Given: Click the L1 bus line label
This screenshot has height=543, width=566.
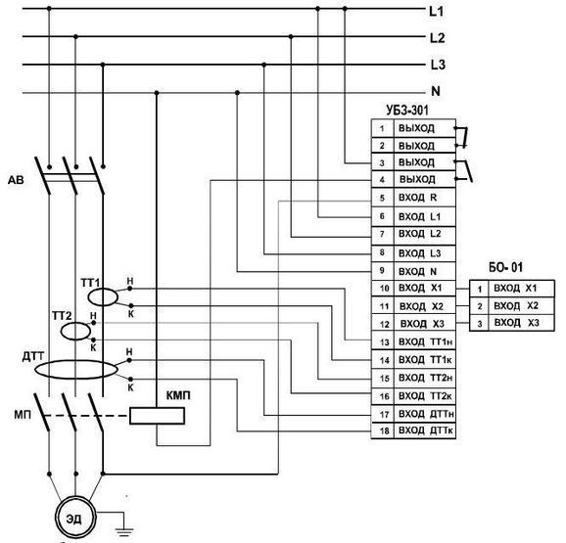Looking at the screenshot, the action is point(436,11).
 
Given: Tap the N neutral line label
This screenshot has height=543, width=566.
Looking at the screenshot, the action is point(436,91).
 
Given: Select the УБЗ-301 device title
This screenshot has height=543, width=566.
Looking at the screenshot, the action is point(407,110).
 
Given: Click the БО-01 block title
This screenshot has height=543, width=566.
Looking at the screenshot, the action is point(505,267).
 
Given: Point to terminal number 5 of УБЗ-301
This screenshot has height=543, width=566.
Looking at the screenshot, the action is point(382,198).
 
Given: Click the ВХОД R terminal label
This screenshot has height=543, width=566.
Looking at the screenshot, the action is point(417,198).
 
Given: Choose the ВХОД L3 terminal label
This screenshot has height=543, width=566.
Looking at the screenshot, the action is point(419,253).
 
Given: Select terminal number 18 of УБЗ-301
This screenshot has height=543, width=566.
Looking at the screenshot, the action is point(384,430).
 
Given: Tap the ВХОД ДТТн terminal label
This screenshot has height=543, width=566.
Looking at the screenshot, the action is point(426,414).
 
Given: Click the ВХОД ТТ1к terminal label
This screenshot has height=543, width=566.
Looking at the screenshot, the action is point(425,360).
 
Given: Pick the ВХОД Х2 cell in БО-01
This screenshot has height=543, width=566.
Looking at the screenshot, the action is point(516,306).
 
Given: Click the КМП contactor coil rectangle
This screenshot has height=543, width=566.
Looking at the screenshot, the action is point(157,416).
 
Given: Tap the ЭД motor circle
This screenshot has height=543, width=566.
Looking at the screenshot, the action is point(75,519).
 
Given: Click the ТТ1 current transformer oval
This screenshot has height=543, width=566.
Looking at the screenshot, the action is point(103,297).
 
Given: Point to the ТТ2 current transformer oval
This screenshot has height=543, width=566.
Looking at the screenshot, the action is point(75,332).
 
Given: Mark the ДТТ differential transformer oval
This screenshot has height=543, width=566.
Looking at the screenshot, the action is point(75,369).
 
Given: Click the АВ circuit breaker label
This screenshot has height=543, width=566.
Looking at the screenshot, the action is point(16,180).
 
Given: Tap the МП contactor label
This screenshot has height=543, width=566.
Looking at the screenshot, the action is point(23,415).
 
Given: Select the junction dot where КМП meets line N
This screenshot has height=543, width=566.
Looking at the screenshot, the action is point(157,93).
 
